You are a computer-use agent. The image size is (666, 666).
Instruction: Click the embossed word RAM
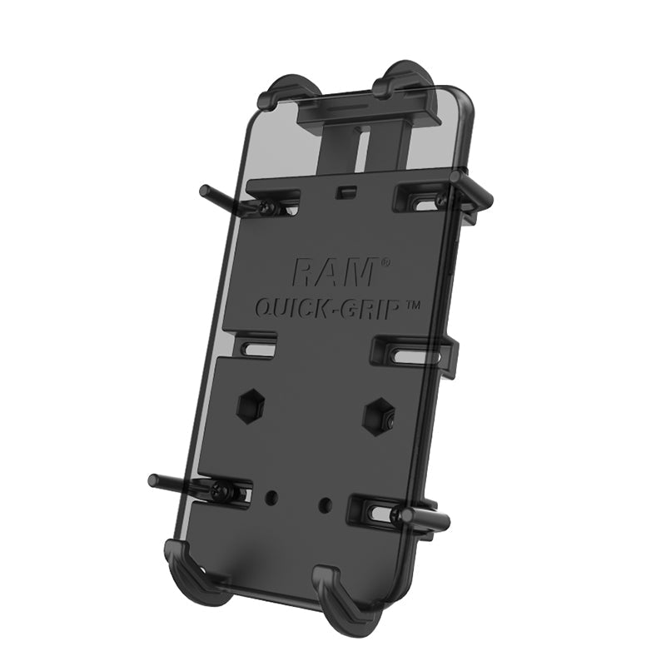[336, 271]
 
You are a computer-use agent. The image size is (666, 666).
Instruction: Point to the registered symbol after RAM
[385, 262]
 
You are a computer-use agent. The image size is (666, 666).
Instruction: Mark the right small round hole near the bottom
[326, 504]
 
